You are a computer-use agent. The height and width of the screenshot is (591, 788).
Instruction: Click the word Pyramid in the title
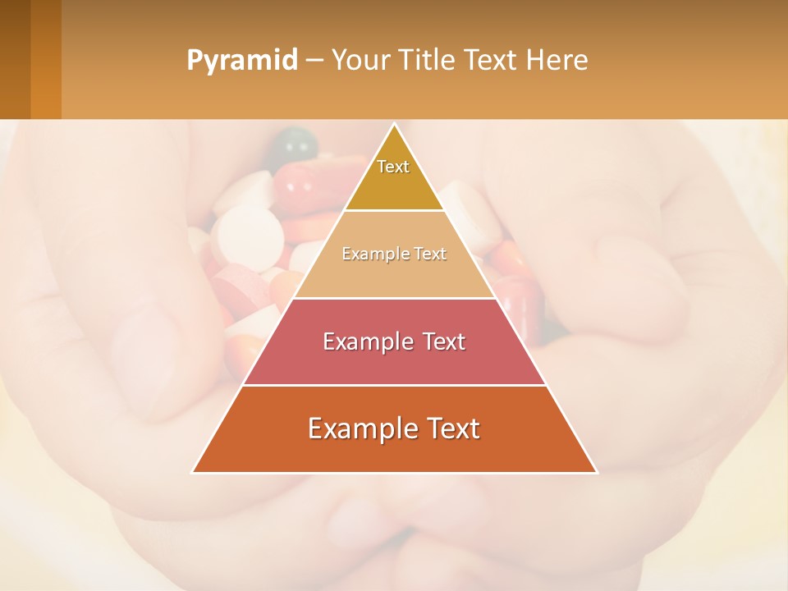point(242,60)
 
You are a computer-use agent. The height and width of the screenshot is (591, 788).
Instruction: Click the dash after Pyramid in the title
point(314,61)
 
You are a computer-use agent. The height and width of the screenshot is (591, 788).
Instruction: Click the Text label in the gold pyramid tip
point(393,167)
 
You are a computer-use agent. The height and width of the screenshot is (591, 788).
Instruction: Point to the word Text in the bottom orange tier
point(450,428)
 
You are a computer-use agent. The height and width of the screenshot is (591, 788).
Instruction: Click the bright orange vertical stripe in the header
point(46,59)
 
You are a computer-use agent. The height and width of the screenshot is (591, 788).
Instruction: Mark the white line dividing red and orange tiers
point(394,385)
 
